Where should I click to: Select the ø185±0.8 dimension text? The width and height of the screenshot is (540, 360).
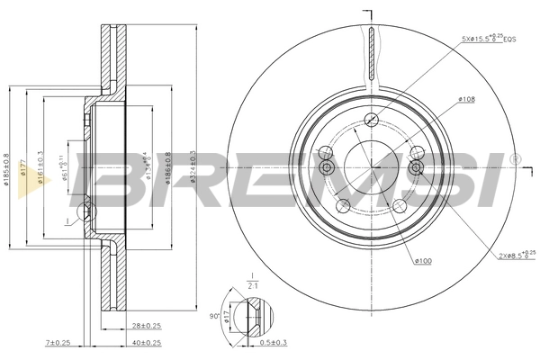coord(5,167)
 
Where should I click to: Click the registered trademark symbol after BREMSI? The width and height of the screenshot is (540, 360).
coord(514,158)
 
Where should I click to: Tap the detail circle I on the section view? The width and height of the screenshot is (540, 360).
coord(86,212)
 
